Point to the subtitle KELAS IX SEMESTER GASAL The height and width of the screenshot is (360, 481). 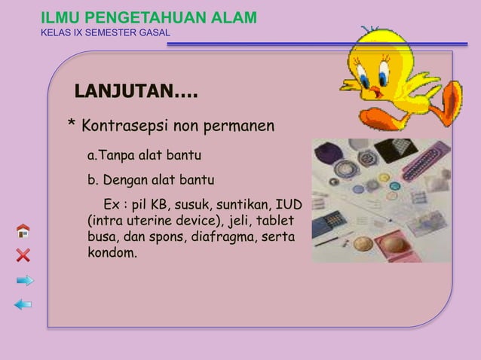[x=105, y=33]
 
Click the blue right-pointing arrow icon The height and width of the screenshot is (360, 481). [x=24, y=280]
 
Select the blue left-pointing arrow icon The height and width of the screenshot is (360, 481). [x=23, y=304]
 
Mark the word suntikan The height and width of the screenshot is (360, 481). [x=246, y=205]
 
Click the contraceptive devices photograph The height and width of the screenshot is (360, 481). [x=381, y=200]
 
